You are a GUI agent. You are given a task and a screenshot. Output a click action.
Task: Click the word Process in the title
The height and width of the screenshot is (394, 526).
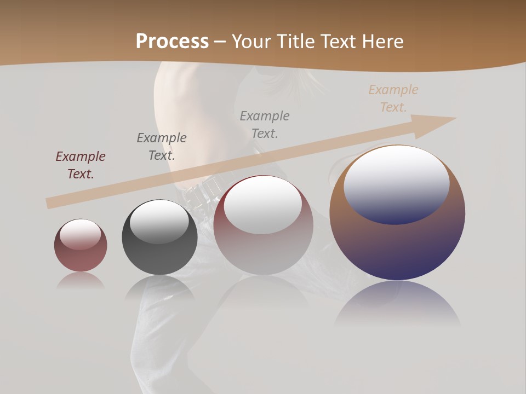[x=172, y=42]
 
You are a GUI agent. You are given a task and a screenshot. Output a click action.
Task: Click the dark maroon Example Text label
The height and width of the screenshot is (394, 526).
[x=81, y=165]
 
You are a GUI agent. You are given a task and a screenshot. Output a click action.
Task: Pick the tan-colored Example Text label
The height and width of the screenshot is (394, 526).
[x=393, y=99]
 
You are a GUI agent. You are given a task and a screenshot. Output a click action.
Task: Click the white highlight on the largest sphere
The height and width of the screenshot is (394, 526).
[x=397, y=183]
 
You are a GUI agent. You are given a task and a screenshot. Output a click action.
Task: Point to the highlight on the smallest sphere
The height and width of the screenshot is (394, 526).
[x=81, y=234]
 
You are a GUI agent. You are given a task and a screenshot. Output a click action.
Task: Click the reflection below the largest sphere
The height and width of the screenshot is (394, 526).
[x=397, y=301]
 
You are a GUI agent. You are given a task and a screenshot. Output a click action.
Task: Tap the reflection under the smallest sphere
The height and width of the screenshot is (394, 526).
[x=81, y=280]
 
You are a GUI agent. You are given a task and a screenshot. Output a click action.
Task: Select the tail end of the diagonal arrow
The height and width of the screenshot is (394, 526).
[x=50, y=203]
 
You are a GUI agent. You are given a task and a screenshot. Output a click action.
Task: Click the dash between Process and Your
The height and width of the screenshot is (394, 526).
[x=220, y=42]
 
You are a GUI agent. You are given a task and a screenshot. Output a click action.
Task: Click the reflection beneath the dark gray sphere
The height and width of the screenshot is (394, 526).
[x=159, y=287]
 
